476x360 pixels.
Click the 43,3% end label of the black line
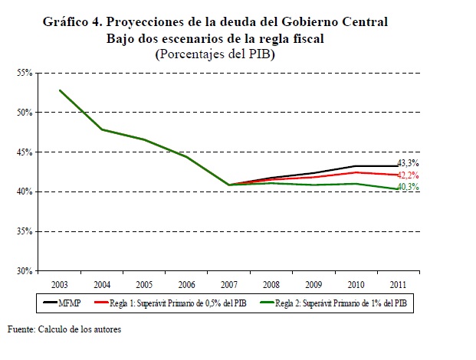(x=409, y=163)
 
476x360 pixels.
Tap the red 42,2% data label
(x=409, y=175)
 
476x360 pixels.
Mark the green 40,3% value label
(x=409, y=187)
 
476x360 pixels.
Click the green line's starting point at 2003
(x=60, y=90)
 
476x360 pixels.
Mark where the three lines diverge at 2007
(x=228, y=185)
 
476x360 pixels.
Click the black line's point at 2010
(x=355, y=165)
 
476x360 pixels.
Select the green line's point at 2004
(x=102, y=129)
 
